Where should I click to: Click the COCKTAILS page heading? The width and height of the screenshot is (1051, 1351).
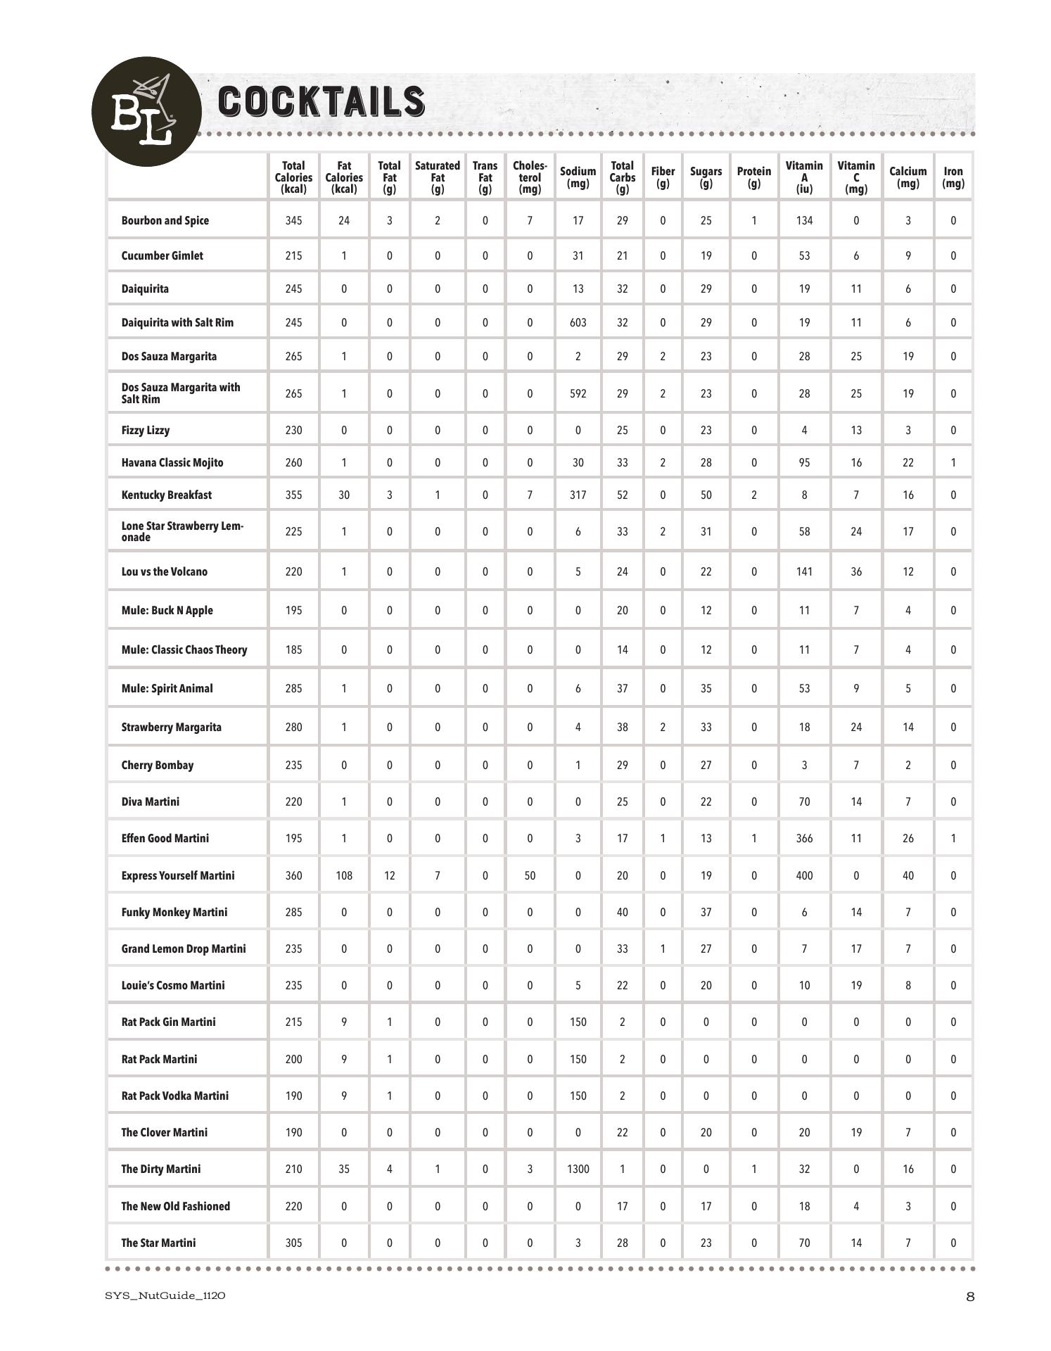pos(321,101)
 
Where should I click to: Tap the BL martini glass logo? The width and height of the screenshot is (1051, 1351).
pos(146,111)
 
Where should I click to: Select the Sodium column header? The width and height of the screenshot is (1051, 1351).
pos(578,177)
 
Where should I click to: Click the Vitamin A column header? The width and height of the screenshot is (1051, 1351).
pos(804,177)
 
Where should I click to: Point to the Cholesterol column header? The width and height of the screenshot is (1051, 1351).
pos(530,177)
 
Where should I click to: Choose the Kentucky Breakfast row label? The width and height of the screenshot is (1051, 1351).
pos(167,495)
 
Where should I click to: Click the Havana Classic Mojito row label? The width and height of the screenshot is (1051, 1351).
pos(172,463)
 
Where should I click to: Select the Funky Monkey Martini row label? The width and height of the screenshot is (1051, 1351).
pos(174,913)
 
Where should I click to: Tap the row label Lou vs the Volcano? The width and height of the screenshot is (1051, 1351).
pos(165,572)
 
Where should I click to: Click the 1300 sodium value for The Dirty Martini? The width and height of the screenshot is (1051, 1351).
pos(578,1169)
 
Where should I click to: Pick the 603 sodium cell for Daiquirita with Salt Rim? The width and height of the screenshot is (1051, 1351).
pos(578,323)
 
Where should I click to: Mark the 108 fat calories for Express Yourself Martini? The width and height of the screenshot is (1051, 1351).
pos(344,876)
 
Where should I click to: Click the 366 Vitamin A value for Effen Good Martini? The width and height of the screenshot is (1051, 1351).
pos(804,839)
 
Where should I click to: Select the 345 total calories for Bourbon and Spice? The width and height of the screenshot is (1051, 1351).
pos(293,221)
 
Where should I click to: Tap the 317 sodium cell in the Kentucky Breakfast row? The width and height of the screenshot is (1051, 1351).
pos(578,495)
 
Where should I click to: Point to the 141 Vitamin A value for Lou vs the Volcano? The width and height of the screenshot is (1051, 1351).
pos(804,572)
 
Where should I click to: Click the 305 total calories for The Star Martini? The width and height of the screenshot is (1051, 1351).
pos(293,1243)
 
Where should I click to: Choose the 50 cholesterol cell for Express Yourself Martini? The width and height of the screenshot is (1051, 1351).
pos(530,876)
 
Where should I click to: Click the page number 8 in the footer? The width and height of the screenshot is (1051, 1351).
pos(970,1297)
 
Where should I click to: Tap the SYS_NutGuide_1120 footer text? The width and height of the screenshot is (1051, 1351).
pos(165,1296)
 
